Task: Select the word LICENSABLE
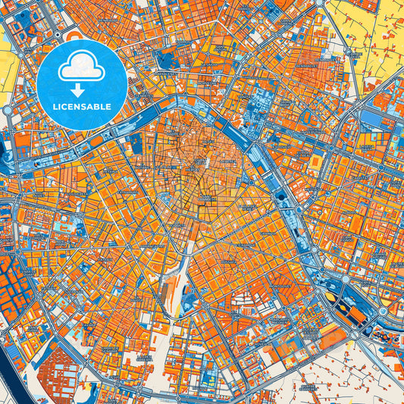point(81,106)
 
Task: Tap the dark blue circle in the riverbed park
point(283,196)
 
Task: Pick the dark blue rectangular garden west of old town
point(136,144)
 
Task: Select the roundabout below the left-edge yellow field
point(8,110)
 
